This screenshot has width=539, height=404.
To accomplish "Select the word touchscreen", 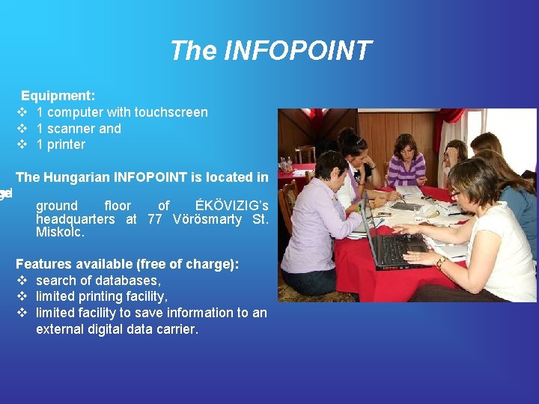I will [171, 112].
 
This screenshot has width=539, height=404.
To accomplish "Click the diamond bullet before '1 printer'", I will [22, 144].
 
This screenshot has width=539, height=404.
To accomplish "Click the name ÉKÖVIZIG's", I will [231, 206].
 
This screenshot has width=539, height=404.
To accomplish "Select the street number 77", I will [155, 219].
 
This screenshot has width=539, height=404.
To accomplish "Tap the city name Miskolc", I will [60, 233].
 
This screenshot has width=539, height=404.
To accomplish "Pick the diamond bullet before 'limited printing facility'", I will [22, 296].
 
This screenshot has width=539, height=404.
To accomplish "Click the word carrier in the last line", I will [174, 329].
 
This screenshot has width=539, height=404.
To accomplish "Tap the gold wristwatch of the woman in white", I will [442, 262].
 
